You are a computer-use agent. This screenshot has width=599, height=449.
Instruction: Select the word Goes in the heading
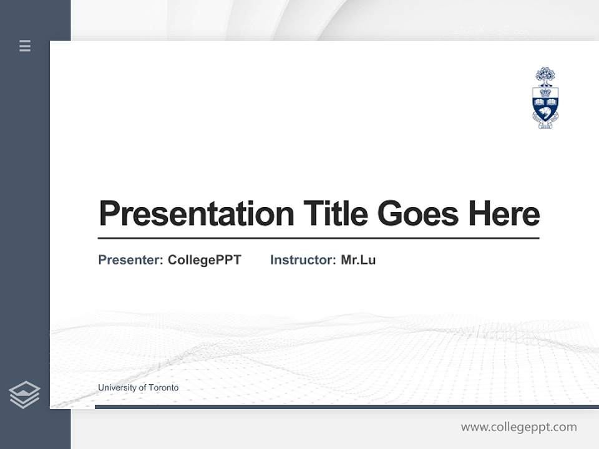click(x=418, y=214)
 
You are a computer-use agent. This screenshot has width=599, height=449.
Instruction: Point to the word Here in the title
click(x=504, y=214)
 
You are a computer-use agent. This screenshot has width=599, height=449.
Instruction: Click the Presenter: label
click(x=131, y=260)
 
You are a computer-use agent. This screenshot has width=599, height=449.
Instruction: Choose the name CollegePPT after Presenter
click(x=204, y=260)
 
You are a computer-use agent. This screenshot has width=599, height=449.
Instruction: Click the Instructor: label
click(x=303, y=260)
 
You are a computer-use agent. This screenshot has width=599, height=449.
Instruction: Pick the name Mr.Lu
click(x=358, y=260)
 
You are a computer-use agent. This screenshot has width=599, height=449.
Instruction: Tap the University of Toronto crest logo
click(x=545, y=98)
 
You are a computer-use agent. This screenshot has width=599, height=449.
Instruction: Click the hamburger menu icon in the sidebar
click(x=25, y=46)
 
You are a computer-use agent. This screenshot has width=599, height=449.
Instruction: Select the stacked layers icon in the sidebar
click(x=24, y=395)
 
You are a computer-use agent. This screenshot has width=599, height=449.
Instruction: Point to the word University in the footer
click(x=116, y=388)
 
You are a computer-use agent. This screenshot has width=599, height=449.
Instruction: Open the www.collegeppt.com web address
click(x=519, y=427)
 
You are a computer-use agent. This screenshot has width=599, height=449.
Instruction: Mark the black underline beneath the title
click(x=318, y=238)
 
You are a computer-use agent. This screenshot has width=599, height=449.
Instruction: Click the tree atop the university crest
click(x=545, y=76)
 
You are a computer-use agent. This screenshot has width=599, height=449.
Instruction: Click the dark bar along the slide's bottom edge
click(x=346, y=407)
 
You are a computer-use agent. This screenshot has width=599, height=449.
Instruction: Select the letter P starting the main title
click(x=109, y=214)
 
